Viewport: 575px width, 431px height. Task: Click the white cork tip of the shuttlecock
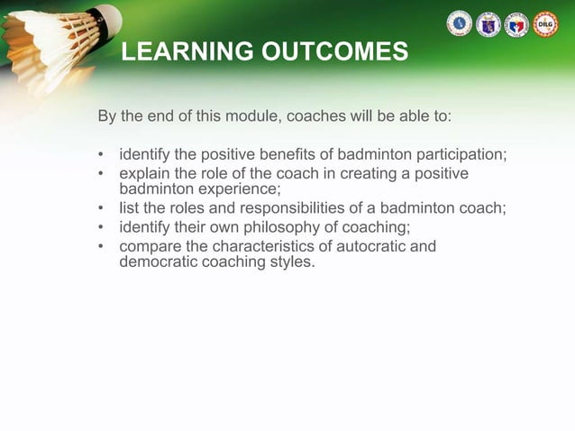pos(108,15)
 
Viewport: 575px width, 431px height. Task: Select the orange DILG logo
pos(545,24)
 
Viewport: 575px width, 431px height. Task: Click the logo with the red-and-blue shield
pos(516,24)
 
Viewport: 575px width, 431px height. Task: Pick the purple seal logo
pos(488,24)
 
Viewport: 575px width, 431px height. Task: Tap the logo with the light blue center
pos(459,24)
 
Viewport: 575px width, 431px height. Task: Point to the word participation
pos(459,154)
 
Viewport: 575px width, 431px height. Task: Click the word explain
pos(145,173)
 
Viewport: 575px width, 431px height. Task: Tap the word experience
pos(236,188)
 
